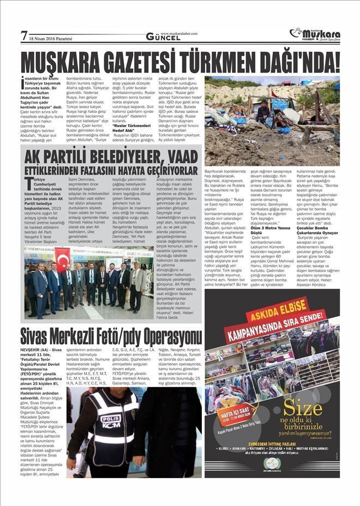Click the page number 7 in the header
coord(24,36)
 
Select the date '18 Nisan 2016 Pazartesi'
coord(52,39)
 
